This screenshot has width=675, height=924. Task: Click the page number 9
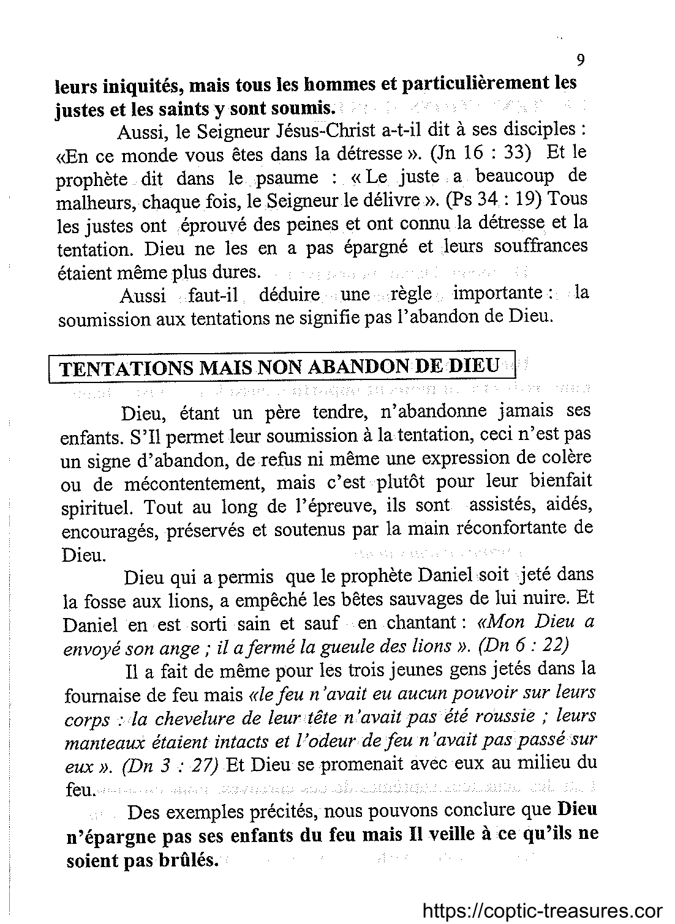(x=581, y=60)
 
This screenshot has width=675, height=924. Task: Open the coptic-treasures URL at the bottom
(x=541, y=911)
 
